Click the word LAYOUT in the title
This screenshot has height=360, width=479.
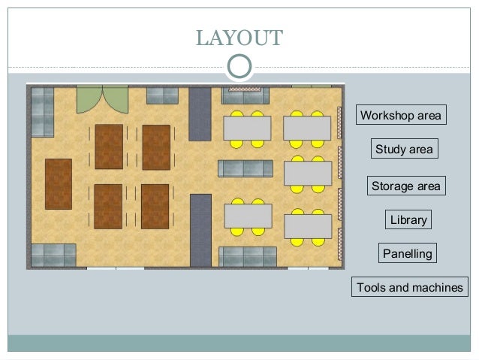click(239, 37)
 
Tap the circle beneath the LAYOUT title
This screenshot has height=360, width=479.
click(239, 66)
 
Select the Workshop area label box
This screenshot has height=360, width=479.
click(401, 115)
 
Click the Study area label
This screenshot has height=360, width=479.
click(404, 149)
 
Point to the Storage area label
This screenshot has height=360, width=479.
click(406, 185)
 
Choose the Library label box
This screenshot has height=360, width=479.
click(408, 219)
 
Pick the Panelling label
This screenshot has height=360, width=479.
click(408, 253)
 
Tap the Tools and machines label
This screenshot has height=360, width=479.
click(409, 287)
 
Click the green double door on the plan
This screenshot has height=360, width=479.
click(102, 98)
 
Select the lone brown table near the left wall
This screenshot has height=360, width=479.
click(59, 183)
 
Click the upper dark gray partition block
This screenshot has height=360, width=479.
click(200, 113)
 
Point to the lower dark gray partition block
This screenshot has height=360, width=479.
click(200, 229)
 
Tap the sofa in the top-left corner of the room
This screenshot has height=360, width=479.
click(42, 111)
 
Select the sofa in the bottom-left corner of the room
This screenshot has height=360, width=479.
click(53, 255)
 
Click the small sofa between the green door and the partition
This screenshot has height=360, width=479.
click(162, 95)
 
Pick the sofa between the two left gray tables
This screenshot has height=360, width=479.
click(246, 168)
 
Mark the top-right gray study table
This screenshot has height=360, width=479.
click(306, 128)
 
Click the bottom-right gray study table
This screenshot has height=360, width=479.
click(306, 225)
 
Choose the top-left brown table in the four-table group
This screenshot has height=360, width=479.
click(109, 146)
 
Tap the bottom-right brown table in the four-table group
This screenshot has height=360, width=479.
click(155, 206)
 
